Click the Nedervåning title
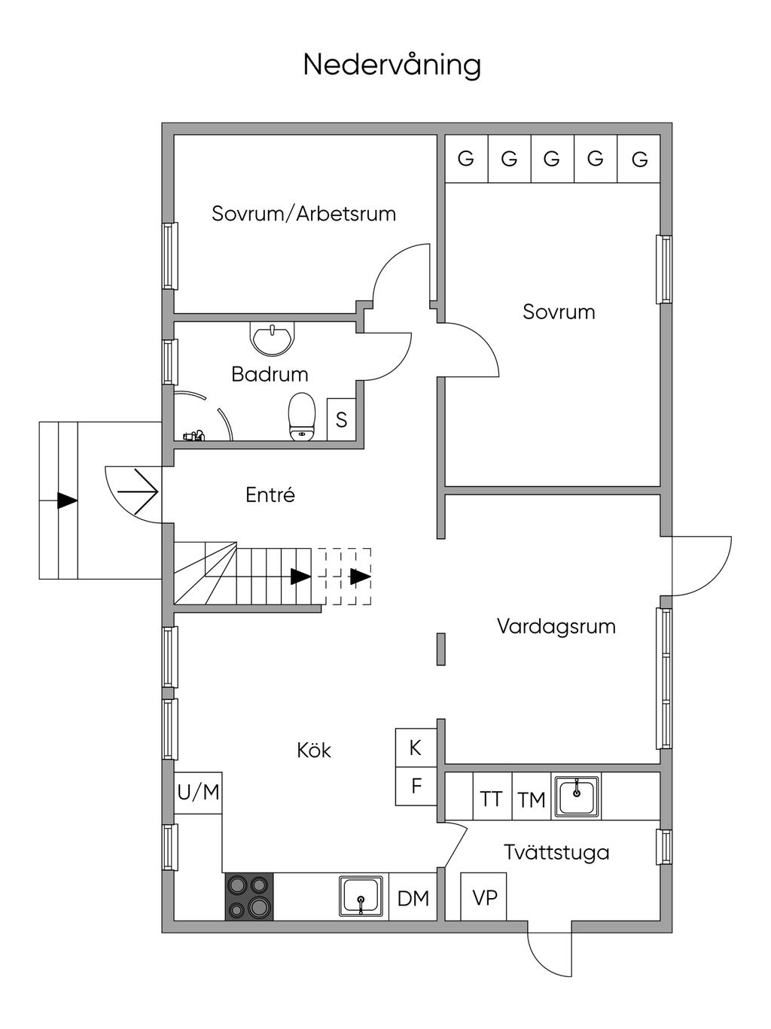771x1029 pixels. click(x=392, y=65)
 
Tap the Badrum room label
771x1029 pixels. click(x=270, y=375)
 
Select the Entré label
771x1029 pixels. click(x=270, y=495)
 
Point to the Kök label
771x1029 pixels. click(x=314, y=750)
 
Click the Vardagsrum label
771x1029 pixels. click(x=556, y=626)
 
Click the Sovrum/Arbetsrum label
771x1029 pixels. click(x=303, y=213)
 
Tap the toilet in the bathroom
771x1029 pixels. click(x=301, y=417)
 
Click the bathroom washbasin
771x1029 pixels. click(x=273, y=338)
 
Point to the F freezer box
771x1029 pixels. click(x=416, y=787)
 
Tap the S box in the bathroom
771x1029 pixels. click(x=341, y=419)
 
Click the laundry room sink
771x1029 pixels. click(x=577, y=796)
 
